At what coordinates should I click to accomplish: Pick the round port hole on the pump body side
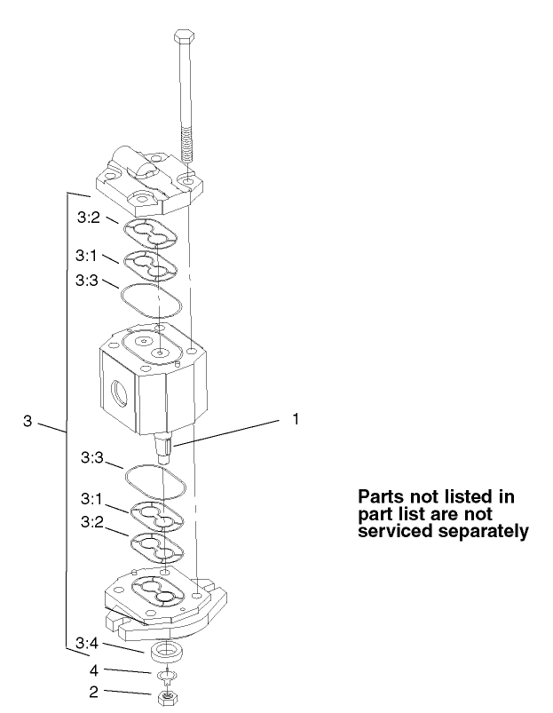tap(116, 390)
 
